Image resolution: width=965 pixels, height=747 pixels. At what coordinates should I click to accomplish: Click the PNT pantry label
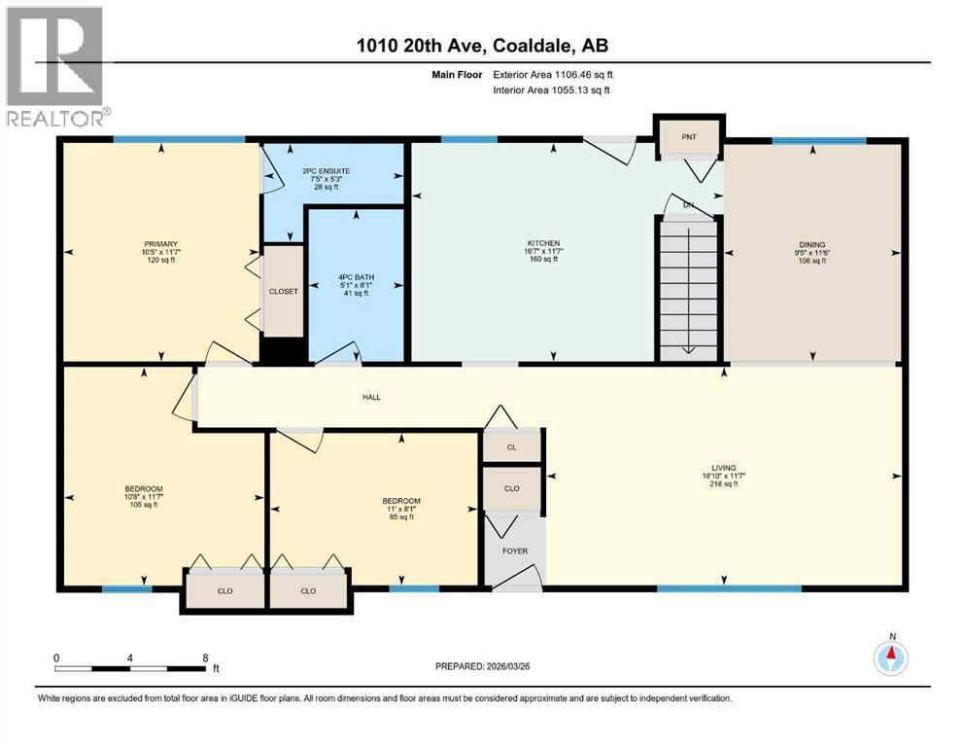pos(688,137)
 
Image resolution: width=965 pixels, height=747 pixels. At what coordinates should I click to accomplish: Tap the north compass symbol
pos(890,658)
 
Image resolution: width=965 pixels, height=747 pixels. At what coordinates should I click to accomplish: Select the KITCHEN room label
pos(544,243)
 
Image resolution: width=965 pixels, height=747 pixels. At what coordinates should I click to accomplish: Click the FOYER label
pos(514,551)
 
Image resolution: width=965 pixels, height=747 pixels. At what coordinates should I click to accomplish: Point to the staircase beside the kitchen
pos(688,289)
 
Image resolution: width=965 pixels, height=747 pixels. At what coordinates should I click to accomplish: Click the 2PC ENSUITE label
pos(332,171)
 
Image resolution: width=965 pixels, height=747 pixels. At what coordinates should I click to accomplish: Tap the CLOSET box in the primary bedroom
pos(283,291)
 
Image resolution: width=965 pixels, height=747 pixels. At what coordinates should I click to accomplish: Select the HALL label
pos(372,397)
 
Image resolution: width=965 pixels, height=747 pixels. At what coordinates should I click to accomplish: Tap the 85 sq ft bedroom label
pos(400,501)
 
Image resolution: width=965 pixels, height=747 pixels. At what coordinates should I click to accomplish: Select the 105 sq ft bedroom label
pos(143,488)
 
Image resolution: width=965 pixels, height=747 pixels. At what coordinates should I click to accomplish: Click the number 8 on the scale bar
pos(205,658)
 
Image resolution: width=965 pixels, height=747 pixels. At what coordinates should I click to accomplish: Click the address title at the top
pos(483,45)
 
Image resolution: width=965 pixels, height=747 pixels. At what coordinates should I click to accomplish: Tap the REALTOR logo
pos(55,66)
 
